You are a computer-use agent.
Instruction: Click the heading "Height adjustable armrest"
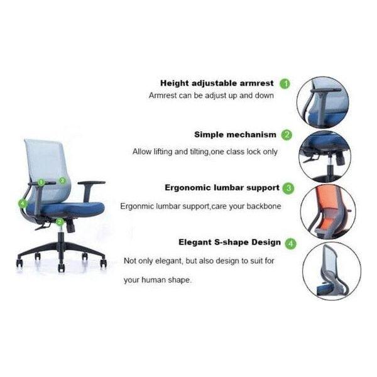point(216,83)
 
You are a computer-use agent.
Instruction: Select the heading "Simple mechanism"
point(234,134)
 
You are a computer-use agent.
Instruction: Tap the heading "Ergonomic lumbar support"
point(222,187)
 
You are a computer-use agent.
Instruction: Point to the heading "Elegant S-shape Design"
point(229,242)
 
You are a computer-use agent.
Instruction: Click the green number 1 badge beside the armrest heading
point(285,83)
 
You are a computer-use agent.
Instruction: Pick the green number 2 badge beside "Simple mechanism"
point(287,134)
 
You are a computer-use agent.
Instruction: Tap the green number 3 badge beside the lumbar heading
point(288,187)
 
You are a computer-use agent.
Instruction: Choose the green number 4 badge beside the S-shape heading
point(291,243)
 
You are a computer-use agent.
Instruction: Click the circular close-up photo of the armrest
point(322,102)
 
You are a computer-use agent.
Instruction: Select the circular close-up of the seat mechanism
point(324,155)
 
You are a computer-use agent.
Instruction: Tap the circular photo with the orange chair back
point(327,211)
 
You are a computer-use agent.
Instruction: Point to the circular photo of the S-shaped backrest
point(331,271)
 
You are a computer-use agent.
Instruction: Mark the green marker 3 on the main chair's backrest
point(62,180)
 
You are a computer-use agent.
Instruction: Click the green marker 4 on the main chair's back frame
point(23,203)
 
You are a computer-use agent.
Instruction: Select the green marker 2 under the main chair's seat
point(59,221)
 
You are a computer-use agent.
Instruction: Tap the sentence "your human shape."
point(157,280)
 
